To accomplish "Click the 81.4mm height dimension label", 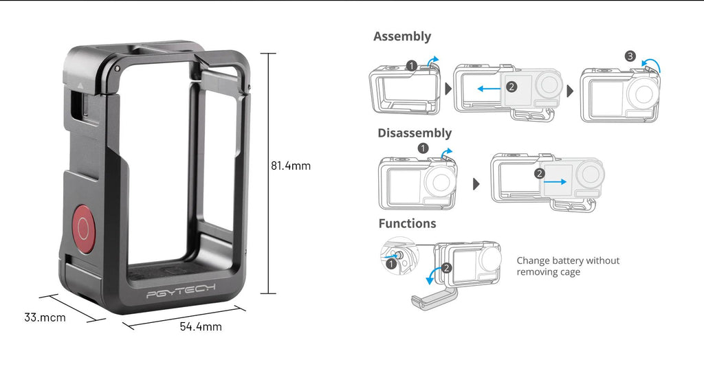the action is [x=291, y=166].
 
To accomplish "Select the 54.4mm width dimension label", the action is [x=201, y=326].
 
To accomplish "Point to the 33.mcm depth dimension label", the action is [x=45, y=317].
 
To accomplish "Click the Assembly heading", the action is [x=401, y=36].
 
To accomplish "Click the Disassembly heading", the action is [x=415, y=133].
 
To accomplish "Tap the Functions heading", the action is [x=407, y=223].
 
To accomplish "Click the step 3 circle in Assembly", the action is [x=630, y=56].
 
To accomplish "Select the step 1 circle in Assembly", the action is [x=412, y=66].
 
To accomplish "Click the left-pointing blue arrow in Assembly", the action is [x=489, y=89].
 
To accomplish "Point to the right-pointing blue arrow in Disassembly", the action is [x=555, y=181].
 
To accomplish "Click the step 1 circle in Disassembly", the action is [x=423, y=148].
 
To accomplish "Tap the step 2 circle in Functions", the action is [x=446, y=268].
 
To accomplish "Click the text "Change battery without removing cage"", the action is [x=568, y=266].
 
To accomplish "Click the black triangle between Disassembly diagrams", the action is [x=476, y=184].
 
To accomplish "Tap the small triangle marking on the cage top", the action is [x=80, y=84].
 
